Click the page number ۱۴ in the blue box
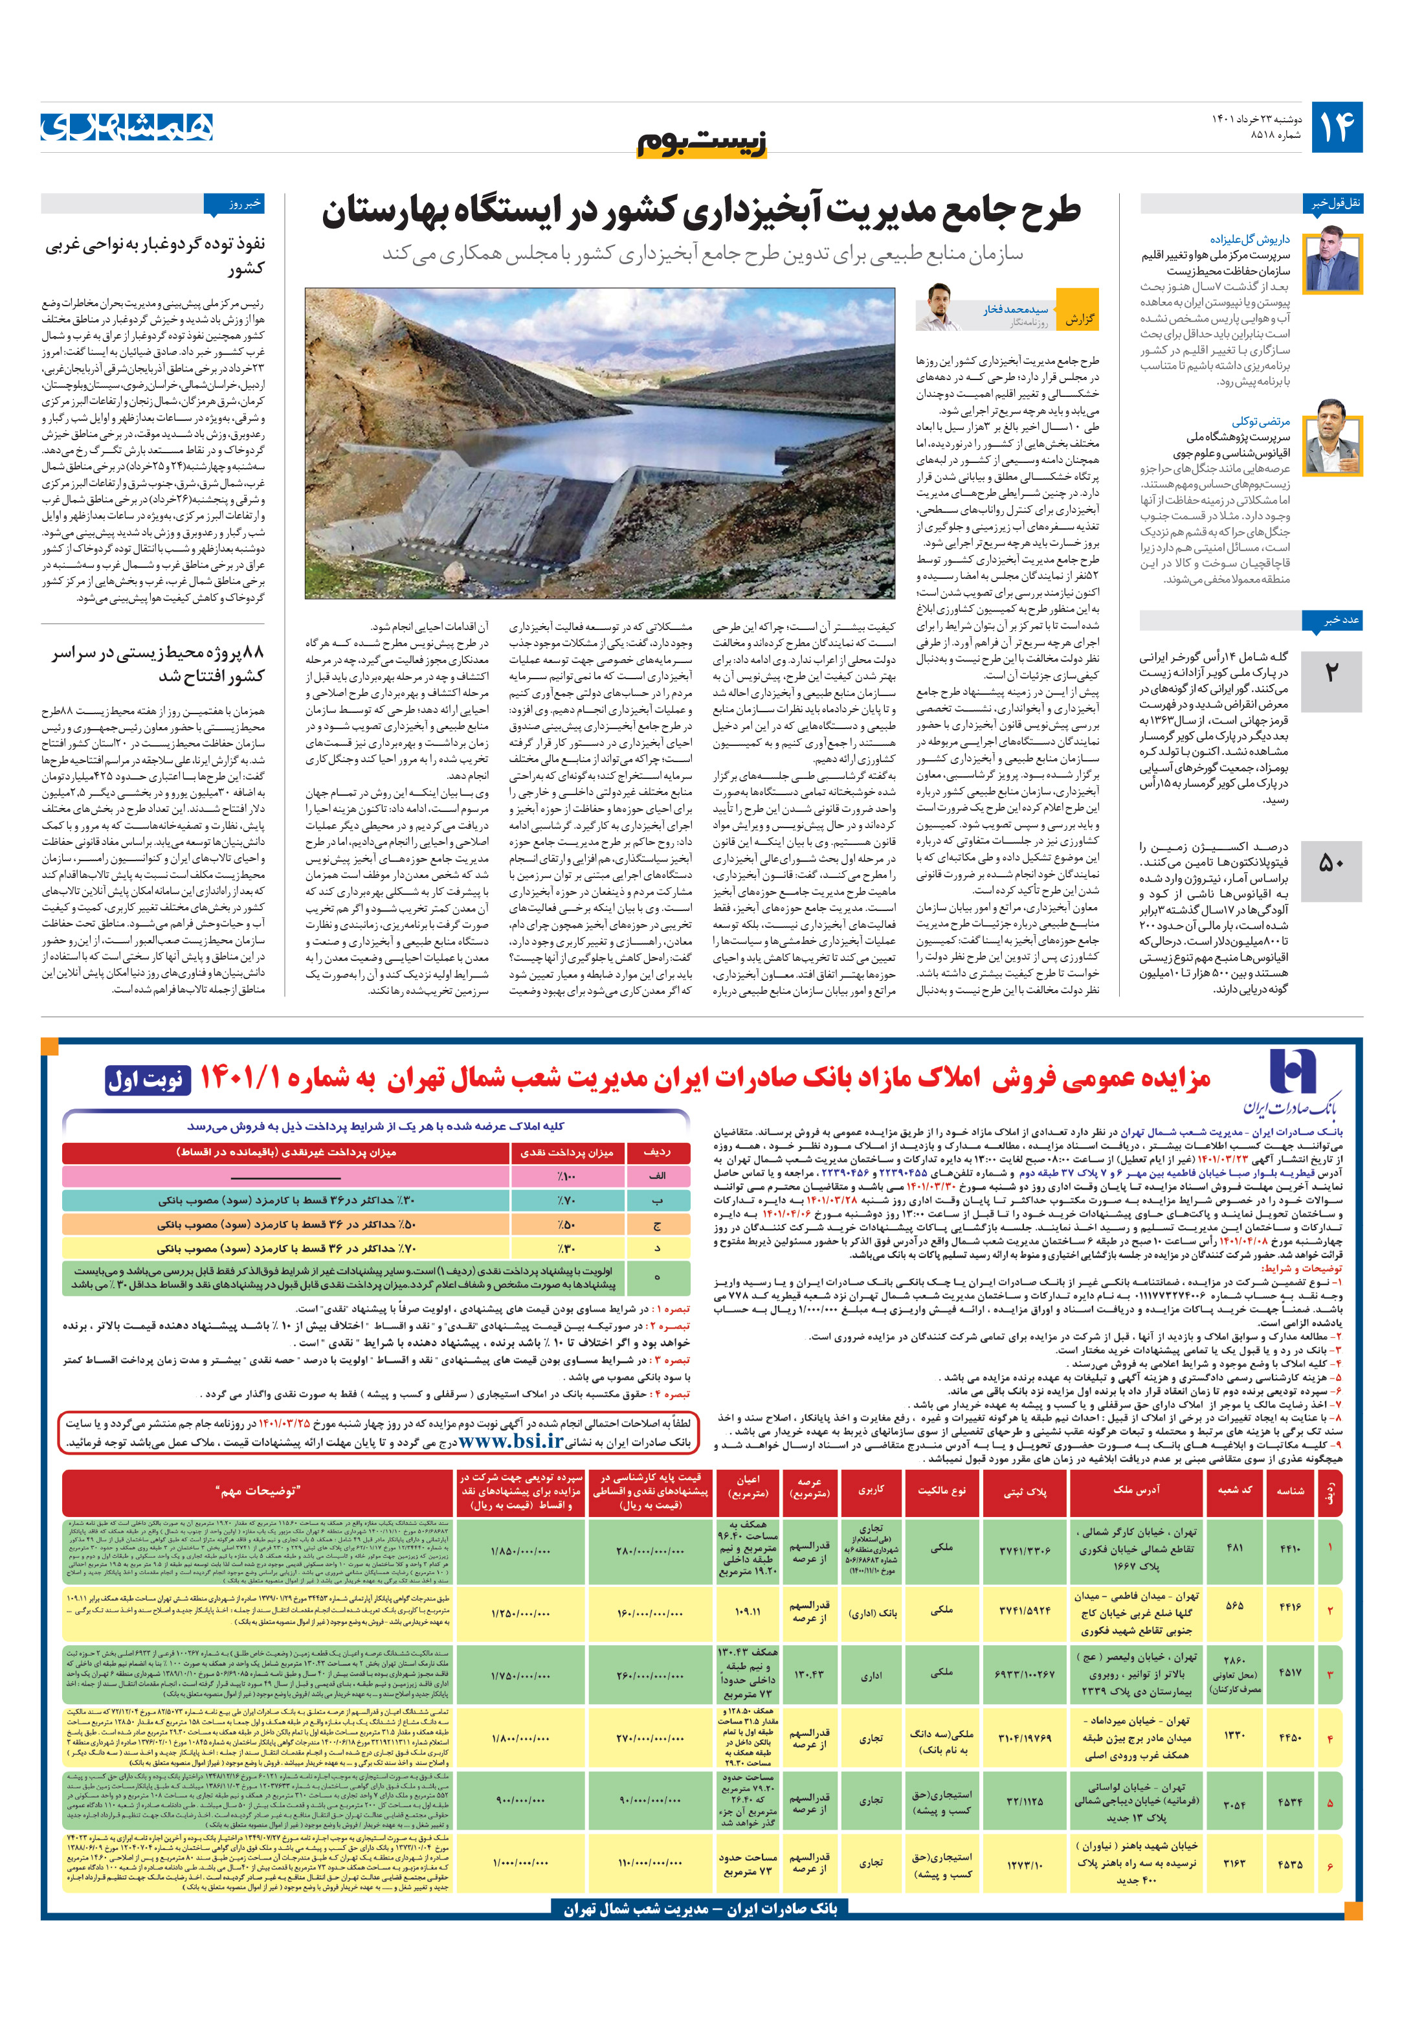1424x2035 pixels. (x=1335, y=128)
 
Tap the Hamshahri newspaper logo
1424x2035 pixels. (x=127, y=128)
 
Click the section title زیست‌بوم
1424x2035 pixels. (x=702, y=142)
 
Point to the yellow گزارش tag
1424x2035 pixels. (x=1078, y=318)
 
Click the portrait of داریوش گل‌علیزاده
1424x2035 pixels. (x=1332, y=260)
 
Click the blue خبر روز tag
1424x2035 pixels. (x=234, y=205)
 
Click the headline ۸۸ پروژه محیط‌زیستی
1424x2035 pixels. (x=158, y=664)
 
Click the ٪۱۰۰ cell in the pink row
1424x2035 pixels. (x=567, y=1175)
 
